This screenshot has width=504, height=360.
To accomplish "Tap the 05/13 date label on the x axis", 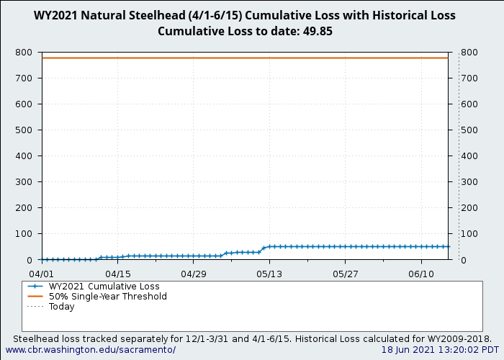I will pyautogui.click(x=270, y=274).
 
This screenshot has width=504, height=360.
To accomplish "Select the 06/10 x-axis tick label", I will pyautogui.click(x=421, y=274).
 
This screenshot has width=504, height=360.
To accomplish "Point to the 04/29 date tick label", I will pyautogui.click(x=194, y=274).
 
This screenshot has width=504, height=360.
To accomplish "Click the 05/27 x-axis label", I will pyautogui.click(x=346, y=274).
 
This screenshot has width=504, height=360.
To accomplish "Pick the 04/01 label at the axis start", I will pyautogui.click(x=42, y=274).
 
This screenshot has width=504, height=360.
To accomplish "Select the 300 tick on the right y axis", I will pyautogui.click(x=469, y=182).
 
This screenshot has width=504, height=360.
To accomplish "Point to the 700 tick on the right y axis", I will pyautogui.click(x=469, y=78).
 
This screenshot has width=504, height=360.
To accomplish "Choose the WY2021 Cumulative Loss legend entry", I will pyautogui.click(x=104, y=287).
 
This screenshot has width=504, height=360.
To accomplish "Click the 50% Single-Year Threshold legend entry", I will pyautogui.click(x=107, y=297).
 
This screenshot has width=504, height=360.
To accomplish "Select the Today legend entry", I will pyautogui.click(x=61, y=307).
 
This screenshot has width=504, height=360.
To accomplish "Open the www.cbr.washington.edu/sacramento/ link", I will pyautogui.click(x=90, y=350).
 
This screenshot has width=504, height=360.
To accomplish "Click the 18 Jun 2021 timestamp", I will pyautogui.click(x=440, y=350).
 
